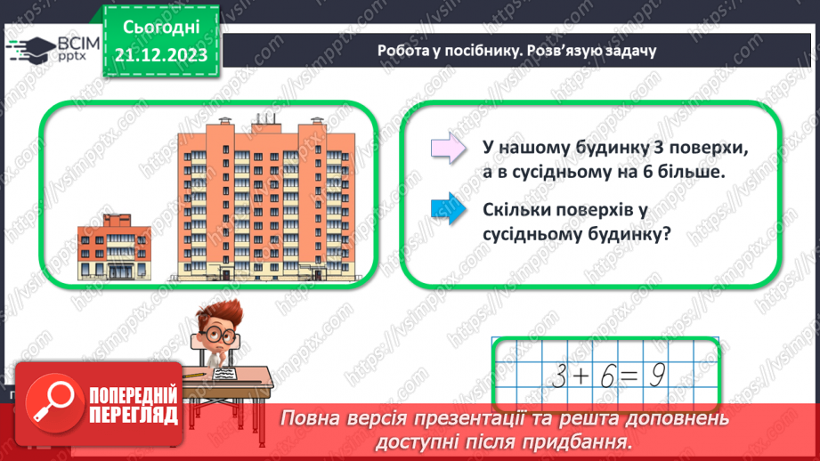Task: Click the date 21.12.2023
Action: point(161,56)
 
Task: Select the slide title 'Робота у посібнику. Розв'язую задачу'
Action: point(516,51)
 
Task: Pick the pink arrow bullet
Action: point(448,147)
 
